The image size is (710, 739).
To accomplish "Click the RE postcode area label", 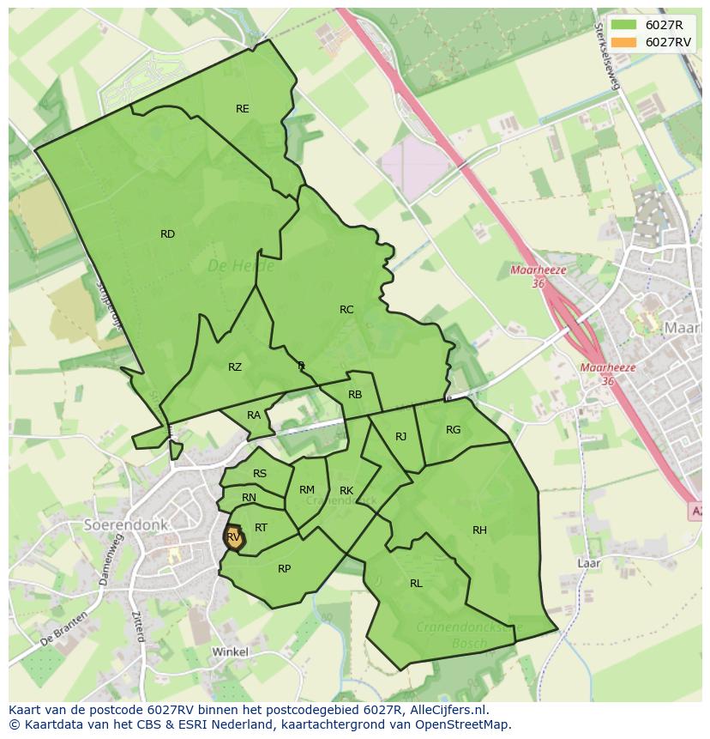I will (243, 109).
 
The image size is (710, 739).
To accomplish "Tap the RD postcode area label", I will (167, 234).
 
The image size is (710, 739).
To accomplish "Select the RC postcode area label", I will (346, 310).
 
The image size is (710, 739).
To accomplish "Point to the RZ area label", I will (235, 367).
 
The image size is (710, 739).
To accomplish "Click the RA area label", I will (254, 415).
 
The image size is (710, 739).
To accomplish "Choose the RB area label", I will (355, 395).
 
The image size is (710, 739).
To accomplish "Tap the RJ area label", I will (400, 437).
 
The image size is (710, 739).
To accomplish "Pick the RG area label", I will (454, 430).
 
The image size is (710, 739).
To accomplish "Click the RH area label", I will (479, 530).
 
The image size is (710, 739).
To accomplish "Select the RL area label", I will (416, 584).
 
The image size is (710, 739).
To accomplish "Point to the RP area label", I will (285, 569).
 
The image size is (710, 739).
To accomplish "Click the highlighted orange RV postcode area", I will (234, 539).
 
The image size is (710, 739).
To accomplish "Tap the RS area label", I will (260, 474).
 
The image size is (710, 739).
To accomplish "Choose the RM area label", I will (307, 490).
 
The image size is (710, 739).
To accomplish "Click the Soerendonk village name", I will (126, 524).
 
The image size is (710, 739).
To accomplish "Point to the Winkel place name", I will (230, 652).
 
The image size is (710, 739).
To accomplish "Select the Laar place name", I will (588, 564).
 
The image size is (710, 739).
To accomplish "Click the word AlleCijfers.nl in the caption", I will (446, 710).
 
